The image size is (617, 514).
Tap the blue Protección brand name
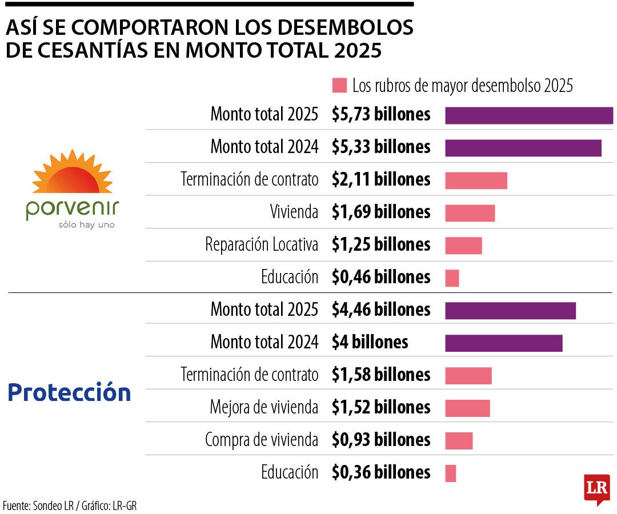click(x=69, y=392)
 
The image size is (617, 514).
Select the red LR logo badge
click(x=596, y=489)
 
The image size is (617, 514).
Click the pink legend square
click(x=339, y=86)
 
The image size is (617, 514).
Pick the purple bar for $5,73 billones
click(x=528, y=115)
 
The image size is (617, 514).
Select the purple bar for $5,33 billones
click(x=523, y=148)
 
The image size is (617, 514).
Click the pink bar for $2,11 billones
click(x=476, y=180)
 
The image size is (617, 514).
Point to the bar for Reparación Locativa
click(x=463, y=246)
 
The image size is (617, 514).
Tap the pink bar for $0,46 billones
click(x=452, y=278)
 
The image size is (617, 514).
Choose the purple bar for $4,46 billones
click(x=510, y=311)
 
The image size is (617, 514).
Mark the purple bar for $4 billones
click(x=503, y=343)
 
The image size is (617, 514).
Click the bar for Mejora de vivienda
click(x=467, y=408)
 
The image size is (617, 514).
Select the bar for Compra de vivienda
click(x=459, y=440)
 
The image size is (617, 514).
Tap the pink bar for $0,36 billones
click(x=450, y=473)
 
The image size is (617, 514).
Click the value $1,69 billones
click(x=381, y=212)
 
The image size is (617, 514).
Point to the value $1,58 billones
click(x=381, y=375)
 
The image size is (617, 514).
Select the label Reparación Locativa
click(x=261, y=244)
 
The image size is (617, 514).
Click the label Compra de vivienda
click(x=261, y=440)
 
